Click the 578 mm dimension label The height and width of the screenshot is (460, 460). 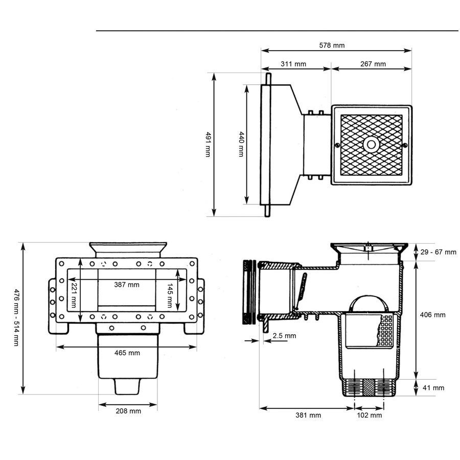(332, 45)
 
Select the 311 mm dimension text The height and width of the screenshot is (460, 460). (293, 64)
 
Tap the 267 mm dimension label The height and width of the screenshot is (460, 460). (373, 64)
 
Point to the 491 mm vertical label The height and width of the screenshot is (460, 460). (208, 144)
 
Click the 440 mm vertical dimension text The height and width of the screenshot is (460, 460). (241, 144)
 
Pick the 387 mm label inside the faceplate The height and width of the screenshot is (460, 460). (127, 284)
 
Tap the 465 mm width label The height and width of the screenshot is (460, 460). (127, 353)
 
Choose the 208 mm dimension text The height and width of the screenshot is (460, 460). (128, 411)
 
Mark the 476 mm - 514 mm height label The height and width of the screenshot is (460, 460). (16, 317)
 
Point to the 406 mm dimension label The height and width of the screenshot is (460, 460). (432, 315)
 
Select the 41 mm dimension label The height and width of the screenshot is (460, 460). (433, 388)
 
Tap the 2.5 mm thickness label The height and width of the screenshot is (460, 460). (284, 336)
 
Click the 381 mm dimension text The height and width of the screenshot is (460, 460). (309, 415)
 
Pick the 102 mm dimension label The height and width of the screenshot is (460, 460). (369, 415)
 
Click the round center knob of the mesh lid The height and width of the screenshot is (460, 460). (371, 145)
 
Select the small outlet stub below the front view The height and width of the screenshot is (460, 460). (127, 387)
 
